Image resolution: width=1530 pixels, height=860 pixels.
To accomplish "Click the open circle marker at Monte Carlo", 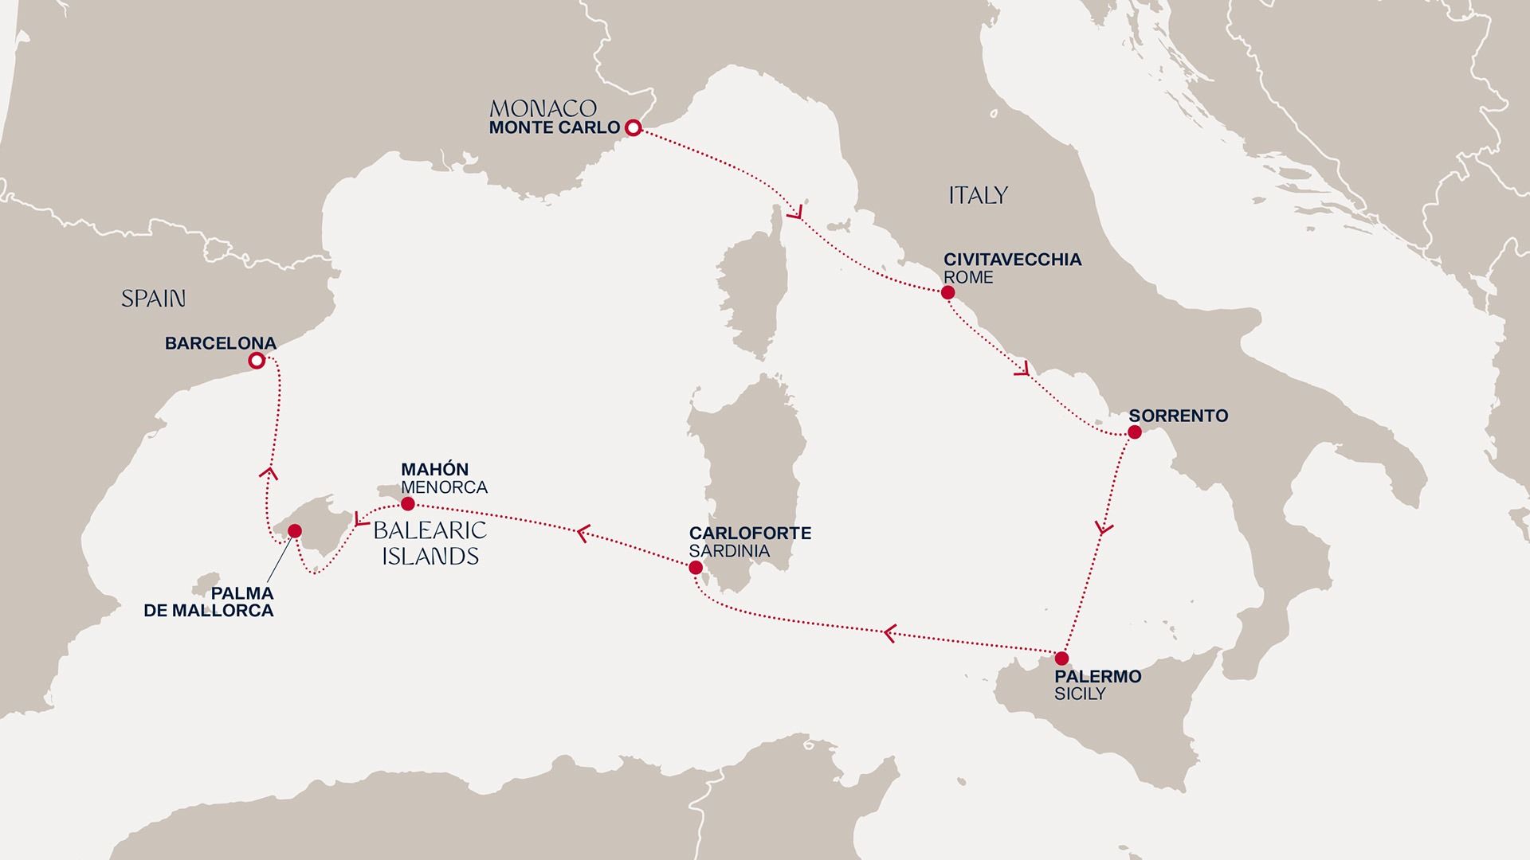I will (x=632, y=127).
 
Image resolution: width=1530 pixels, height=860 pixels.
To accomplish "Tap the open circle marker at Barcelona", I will (x=256, y=361).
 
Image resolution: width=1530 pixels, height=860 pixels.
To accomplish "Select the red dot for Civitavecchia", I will (x=947, y=292).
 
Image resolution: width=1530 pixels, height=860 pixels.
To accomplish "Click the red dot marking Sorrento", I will (x=1135, y=432).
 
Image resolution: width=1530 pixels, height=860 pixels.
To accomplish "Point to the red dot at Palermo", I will (x=1061, y=659).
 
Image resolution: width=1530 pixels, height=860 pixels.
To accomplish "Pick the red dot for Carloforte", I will (x=695, y=568).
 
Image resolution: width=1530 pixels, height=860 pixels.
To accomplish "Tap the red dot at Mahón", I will (x=407, y=504).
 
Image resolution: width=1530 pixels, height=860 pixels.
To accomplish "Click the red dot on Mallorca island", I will (x=293, y=530).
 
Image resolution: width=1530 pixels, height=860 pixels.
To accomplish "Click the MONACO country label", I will (x=543, y=108).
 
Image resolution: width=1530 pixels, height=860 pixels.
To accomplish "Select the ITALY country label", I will (x=978, y=195).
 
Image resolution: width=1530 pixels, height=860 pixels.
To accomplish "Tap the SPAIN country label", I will (x=153, y=299).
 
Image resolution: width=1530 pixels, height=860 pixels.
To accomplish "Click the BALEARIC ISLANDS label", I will (x=430, y=543).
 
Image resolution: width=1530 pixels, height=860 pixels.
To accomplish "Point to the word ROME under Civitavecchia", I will (x=968, y=278).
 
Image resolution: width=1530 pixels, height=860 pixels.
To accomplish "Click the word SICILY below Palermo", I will (x=1080, y=694).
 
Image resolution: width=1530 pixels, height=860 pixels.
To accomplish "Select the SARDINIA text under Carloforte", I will (x=729, y=551).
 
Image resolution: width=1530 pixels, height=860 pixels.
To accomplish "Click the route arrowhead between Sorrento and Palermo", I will (x=1104, y=528).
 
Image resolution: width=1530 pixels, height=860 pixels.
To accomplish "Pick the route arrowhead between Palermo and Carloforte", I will (x=890, y=633).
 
